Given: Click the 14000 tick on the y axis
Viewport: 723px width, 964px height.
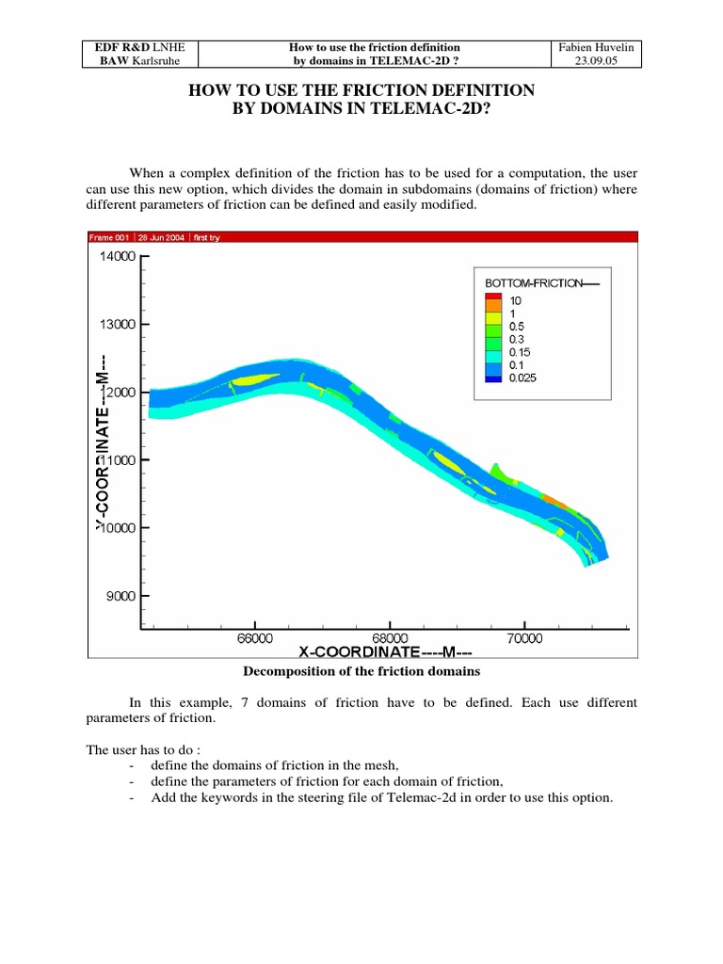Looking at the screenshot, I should [x=113, y=256].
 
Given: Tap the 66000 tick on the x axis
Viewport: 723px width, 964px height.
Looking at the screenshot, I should [x=255, y=637].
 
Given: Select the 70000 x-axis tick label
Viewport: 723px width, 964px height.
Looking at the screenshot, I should [x=524, y=637].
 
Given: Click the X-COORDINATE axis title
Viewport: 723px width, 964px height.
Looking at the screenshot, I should [x=385, y=651].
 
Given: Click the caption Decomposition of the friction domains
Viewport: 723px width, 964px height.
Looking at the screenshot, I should [x=362, y=671].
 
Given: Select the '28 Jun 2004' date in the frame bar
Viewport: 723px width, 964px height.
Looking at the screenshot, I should [x=162, y=237].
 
